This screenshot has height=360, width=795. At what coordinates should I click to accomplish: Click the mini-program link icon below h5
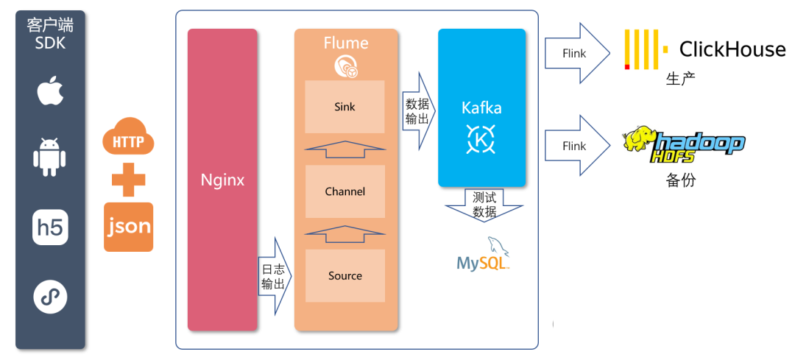pyautogui.click(x=50, y=297)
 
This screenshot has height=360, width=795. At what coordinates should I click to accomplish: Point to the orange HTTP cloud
pyautogui.click(x=128, y=138)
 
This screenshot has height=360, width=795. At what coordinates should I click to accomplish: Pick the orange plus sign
pyautogui.click(x=128, y=180)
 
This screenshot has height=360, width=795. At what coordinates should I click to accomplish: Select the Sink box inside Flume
pyautogui.click(x=344, y=107)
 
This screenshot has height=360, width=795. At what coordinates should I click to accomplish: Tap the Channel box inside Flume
pyautogui.click(x=344, y=191)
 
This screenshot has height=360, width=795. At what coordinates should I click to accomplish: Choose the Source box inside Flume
pyautogui.click(x=344, y=276)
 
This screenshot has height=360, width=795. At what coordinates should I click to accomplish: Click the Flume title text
pyautogui.click(x=345, y=43)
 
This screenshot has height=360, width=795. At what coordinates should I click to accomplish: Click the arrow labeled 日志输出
pyautogui.click(x=274, y=276)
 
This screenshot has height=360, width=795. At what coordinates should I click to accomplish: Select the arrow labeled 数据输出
pyautogui.click(x=418, y=110)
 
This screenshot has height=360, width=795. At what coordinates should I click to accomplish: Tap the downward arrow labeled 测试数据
pyautogui.click(x=484, y=205)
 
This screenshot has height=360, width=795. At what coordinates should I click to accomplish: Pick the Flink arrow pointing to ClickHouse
pyautogui.click(x=577, y=53)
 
